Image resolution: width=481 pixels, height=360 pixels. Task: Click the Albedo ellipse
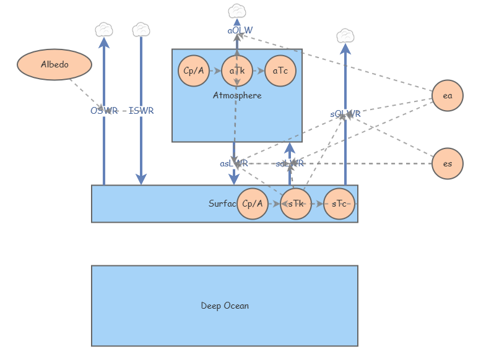click(54, 64)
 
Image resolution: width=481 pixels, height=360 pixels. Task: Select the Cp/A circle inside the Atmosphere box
click(193, 71)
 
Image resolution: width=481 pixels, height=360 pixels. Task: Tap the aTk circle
click(237, 71)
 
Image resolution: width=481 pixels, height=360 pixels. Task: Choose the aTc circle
click(280, 71)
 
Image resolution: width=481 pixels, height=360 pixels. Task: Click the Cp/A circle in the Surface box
click(253, 204)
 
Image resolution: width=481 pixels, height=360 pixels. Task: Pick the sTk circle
click(296, 204)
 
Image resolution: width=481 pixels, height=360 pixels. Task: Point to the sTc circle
click(339, 204)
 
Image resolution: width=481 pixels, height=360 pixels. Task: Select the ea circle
click(448, 96)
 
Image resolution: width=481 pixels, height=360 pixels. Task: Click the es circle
click(448, 164)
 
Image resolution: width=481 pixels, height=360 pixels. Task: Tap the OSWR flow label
click(104, 111)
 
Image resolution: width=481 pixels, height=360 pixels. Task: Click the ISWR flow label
click(141, 111)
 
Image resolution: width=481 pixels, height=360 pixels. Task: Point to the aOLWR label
click(240, 30)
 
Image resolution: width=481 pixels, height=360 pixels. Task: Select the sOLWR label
click(345, 114)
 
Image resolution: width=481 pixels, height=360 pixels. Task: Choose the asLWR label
click(234, 163)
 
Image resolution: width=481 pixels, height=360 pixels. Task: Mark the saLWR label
click(290, 163)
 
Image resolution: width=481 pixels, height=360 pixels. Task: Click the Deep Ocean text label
click(225, 306)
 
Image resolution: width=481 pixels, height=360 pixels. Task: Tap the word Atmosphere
click(237, 95)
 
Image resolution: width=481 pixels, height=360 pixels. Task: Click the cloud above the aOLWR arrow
click(237, 11)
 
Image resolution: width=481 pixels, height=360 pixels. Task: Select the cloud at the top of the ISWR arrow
click(141, 29)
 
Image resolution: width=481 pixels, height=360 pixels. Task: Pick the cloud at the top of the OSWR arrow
click(104, 29)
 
